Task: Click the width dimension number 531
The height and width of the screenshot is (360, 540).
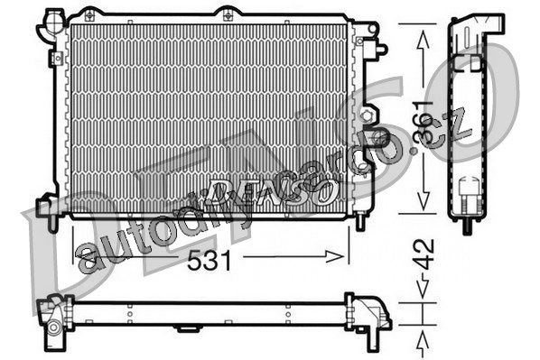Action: coord(209,260)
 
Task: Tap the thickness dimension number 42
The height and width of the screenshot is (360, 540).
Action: coord(424,254)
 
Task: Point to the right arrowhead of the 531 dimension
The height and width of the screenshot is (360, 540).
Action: coord(335,256)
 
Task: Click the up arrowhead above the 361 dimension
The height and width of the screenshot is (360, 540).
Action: coord(423,40)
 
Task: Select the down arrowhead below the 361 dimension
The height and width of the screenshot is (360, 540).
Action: coord(424,200)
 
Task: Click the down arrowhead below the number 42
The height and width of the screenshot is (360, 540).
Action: coord(423,287)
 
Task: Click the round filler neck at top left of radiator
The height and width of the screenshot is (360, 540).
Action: coord(53,21)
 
